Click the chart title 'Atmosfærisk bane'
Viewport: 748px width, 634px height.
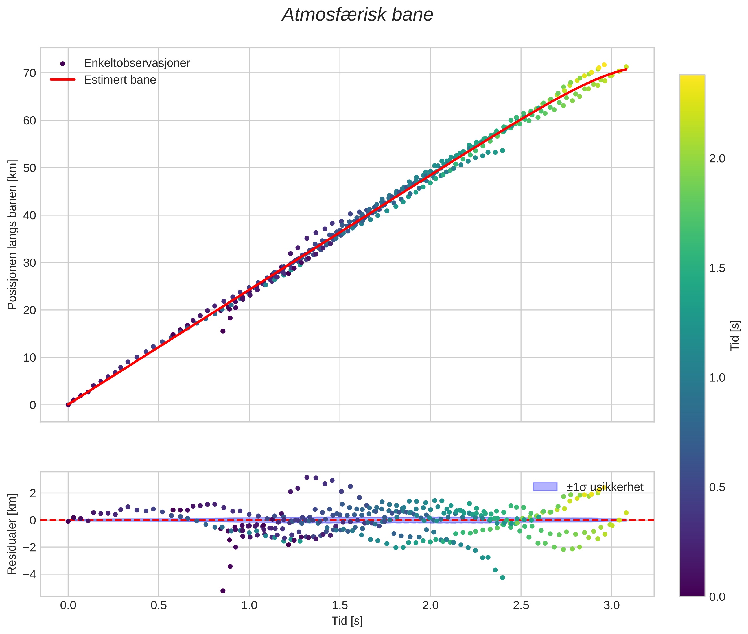click(x=357, y=15)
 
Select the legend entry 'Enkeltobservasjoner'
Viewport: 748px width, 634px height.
click(x=137, y=63)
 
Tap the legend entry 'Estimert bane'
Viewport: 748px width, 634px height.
click(x=120, y=80)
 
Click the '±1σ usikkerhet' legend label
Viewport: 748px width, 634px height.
click(x=605, y=487)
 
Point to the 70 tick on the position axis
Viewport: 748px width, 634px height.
click(x=30, y=73)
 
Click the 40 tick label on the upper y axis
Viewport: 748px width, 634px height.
click(x=30, y=215)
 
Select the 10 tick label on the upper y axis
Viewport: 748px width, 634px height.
click(x=30, y=358)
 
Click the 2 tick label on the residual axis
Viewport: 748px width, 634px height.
click(x=33, y=493)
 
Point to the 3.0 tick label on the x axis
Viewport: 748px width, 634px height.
click(x=611, y=605)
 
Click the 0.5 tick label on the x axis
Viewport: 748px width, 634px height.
click(x=159, y=605)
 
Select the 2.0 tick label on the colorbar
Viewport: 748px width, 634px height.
click(x=717, y=159)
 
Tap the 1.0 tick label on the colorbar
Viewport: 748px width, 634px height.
click(x=717, y=378)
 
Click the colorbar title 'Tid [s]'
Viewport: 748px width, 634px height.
click(x=735, y=336)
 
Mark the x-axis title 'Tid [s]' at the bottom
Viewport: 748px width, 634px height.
click(x=347, y=621)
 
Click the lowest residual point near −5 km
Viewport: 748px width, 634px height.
click(x=223, y=591)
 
